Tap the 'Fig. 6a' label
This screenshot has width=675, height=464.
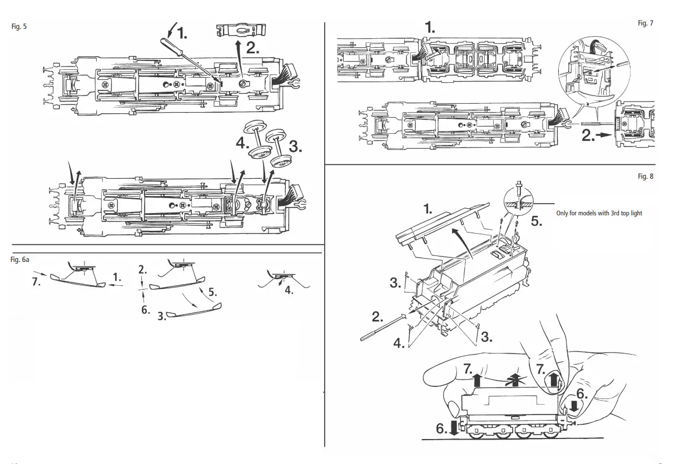point(21,259)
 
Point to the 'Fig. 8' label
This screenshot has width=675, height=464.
point(646,176)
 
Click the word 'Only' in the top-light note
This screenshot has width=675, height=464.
point(564,213)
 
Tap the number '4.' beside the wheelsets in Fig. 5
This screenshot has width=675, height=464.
point(242,143)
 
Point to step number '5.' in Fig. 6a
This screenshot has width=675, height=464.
point(212,291)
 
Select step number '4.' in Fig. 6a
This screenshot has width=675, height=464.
point(289,289)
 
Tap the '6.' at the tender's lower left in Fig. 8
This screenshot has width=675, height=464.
point(441,428)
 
